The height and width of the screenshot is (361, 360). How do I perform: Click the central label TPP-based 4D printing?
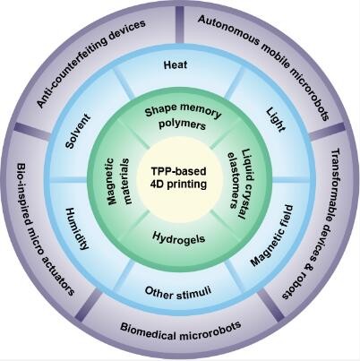tap(178, 177)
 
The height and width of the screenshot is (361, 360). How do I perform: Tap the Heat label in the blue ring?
tap(176, 64)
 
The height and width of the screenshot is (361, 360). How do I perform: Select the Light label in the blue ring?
tap(276, 120)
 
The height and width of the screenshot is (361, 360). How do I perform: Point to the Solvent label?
tap(78, 131)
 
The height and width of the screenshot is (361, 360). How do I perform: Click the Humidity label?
tap(77, 228)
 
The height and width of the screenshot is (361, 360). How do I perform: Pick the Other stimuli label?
tap(178, 292)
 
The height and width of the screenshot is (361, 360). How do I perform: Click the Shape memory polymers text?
tap(183, 116)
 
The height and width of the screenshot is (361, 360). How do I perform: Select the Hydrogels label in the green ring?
tap(178, 237)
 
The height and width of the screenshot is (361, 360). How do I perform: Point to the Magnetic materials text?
tap(118, 181)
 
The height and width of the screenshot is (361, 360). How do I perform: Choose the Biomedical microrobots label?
tap(180, 331)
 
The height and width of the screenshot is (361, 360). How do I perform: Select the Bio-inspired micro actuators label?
tap(45, 229)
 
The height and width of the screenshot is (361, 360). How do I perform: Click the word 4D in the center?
tap(158, 184)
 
